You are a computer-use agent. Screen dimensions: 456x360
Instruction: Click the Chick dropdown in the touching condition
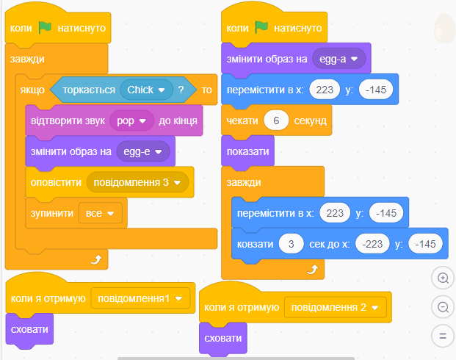tap(146, 90)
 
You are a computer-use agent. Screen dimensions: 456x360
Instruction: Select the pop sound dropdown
tap(131, 120)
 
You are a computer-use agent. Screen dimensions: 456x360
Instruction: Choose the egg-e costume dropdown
tap(143, 151)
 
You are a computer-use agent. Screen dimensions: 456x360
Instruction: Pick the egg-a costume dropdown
tap(339, 59)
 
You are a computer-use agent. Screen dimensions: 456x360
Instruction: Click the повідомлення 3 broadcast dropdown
tap(137, 182)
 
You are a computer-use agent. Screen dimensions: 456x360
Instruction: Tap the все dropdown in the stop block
tap(101, 213)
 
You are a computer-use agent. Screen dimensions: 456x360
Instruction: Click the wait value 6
tap(276, 120)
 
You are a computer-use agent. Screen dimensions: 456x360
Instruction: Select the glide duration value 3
tap(291, 244)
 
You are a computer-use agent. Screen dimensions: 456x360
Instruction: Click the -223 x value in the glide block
tap(372, 244)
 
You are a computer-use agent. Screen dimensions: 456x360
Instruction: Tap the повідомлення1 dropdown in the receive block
tap(140, 298)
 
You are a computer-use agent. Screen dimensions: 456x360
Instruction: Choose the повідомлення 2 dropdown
tap(336, 307)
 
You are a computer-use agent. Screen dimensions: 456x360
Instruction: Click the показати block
tap(247, 151)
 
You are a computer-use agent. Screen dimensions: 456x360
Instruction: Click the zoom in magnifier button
tap(443, 278)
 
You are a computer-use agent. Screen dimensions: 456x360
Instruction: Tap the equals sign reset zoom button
tap(443, 336)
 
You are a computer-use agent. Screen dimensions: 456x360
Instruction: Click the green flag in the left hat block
tap(45, 28)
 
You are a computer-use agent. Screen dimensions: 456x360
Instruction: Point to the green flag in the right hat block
tap(261, 28)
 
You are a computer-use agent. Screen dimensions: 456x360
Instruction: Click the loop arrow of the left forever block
tap(96, 259)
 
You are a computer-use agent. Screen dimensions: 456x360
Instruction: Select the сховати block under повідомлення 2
tap(223, 339)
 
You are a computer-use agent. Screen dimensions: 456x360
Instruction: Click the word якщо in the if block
tap(32, 90)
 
